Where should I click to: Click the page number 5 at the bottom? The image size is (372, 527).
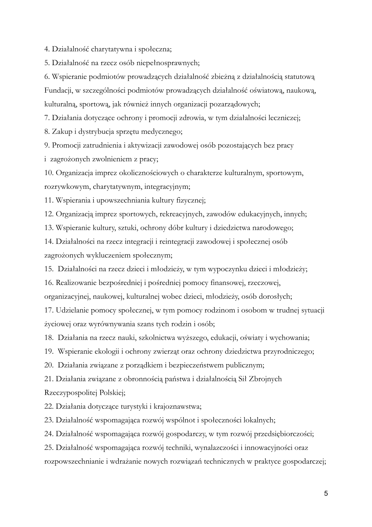[326, 494]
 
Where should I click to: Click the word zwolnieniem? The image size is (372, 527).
[110, 159]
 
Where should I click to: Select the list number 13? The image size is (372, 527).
[49, 228]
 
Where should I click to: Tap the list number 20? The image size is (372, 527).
[49, 365]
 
